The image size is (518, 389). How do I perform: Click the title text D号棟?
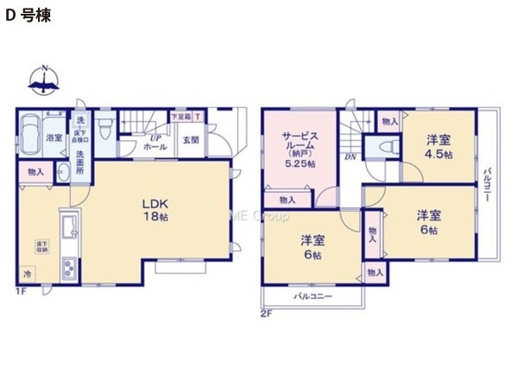click(29, 16)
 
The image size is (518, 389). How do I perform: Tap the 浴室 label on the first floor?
click(54, 138)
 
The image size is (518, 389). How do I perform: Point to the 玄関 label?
click(191, 140)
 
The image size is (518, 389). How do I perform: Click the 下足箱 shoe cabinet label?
click(180, 116)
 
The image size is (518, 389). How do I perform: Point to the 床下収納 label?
click(41, 246)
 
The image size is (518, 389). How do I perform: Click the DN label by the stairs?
click(351, 156)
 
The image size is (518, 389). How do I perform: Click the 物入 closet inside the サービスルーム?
click(287, 200)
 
